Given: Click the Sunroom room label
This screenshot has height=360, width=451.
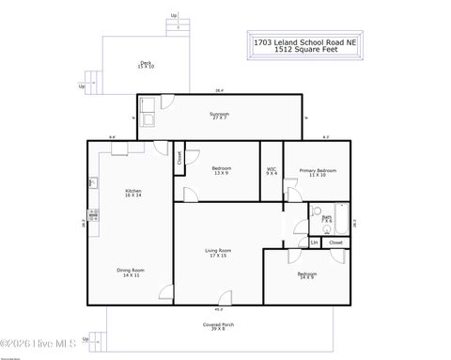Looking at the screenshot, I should tap(219, 117).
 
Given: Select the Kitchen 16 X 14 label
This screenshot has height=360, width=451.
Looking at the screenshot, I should tap(132, 193).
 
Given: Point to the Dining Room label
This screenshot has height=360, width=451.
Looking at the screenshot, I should tap(130, 273).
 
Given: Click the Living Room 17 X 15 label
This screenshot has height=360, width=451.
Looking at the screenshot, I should tap(219, 253).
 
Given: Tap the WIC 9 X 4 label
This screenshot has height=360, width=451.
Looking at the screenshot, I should tap(272, 172).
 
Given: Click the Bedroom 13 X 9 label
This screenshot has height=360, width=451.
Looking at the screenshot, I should tap(222, 171).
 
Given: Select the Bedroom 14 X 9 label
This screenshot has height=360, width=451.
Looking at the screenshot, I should tap(307, 275).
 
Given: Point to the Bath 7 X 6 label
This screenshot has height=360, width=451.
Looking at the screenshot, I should tap(327, 218).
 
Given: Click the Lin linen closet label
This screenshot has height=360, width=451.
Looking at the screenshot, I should tap(315, 243).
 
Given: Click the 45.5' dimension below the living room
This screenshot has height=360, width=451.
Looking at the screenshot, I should tap(219, 308).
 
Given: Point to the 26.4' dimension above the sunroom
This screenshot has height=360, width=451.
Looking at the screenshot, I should tap(219, 91).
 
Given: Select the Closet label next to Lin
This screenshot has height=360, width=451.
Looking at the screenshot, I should tap(335, 243).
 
